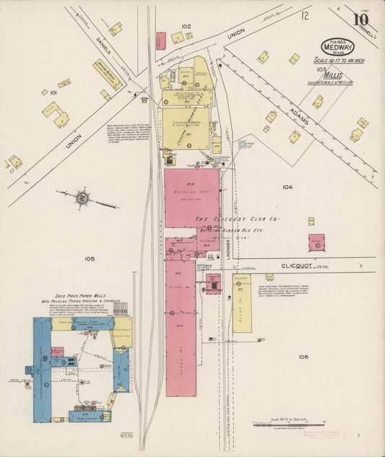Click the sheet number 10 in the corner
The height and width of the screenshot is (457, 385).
click(360, 20)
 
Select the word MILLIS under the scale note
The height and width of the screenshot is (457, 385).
click(333, 74)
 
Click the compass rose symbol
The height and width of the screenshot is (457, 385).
click(82, 196)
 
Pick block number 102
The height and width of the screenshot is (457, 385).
click(186, 26)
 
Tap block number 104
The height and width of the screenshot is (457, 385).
click(287, 187)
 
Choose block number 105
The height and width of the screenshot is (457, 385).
click(90, 258)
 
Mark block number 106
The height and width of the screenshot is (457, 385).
click(302, 356)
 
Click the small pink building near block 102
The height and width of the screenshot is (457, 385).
click(160, 40)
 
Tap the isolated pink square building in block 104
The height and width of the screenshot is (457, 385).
click(316, 243)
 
